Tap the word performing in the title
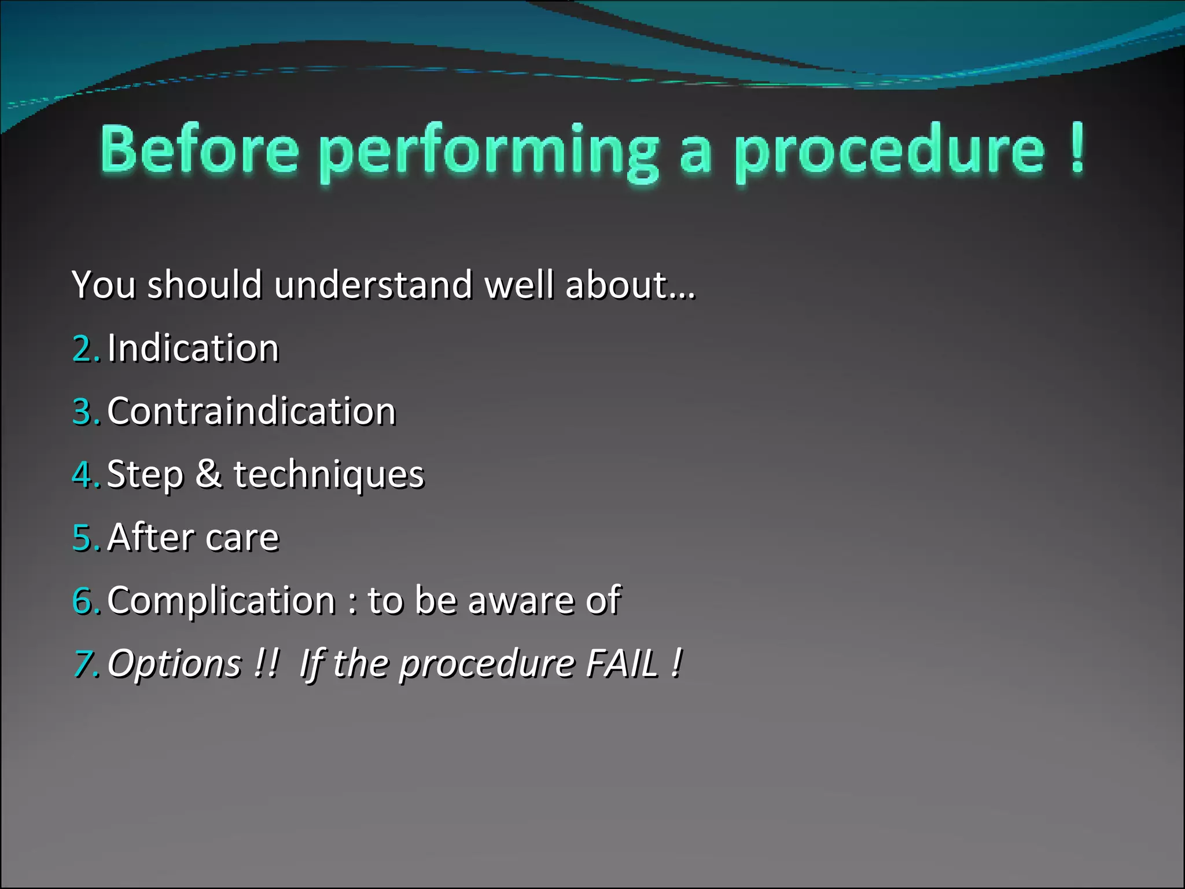pos(489,152)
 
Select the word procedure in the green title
pos(890,152)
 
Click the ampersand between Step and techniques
pos(208,474)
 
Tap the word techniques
pos(329,475)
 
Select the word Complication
pos(221,601)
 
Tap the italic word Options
pos(175,664)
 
